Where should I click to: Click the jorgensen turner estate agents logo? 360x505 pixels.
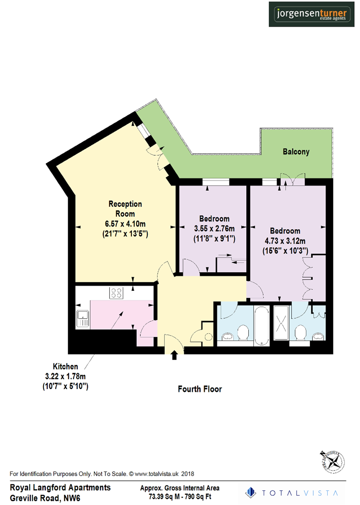(x=310, y=14)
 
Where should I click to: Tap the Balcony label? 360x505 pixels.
(x=295, y=152)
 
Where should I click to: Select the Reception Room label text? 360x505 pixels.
(x=125, y=209)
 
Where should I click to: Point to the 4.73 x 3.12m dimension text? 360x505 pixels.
(x=285, y=241)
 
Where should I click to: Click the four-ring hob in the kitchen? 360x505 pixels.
(x=115, y=293)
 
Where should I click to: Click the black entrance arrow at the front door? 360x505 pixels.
(x=175, y=356)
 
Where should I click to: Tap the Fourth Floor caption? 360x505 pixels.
(x=200, y=389)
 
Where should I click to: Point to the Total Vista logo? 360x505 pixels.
(x=293, y=492)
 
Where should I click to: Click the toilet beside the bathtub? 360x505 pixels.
(x=243, y=333)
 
